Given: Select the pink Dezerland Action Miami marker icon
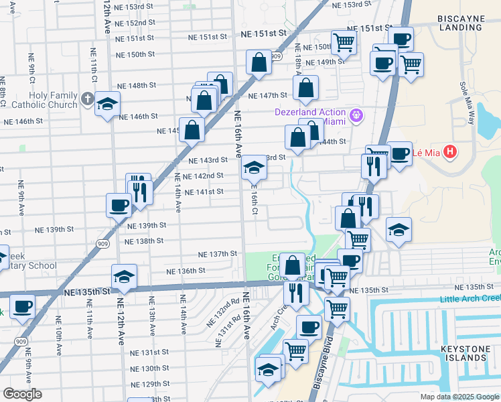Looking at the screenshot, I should (356, 115).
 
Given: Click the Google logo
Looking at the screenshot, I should (22, 394).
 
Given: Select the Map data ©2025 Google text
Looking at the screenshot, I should (459, 397).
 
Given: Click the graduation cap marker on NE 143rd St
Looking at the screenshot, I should (254, 167).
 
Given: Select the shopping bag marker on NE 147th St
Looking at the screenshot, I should (305, 88).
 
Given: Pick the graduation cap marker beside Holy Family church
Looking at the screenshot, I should (107, 105).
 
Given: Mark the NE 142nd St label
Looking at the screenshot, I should (204, 176).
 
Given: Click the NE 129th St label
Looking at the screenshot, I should (150, 384).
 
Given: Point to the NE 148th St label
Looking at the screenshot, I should (137, 86).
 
